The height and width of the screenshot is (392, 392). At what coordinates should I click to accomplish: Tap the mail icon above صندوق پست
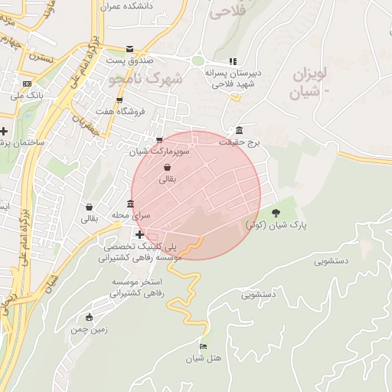[x=129, y=48]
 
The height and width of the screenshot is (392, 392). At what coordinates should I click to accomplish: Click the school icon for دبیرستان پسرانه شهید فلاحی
[x=234, y=62]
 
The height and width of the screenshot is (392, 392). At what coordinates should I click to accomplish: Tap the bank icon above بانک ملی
[x=28, y=84]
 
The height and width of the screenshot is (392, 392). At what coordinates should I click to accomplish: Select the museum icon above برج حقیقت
[x=240, y=129]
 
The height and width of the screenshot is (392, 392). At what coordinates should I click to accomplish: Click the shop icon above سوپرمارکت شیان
[x=159, y=140]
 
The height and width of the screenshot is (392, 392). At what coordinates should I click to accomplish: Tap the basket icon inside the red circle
[x=167, y=167]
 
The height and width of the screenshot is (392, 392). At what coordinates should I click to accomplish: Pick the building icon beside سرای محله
[x=131, y=204]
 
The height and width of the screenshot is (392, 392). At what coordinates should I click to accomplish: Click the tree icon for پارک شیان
[x=276, y=213]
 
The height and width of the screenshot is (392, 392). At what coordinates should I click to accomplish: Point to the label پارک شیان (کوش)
[x=276, y=227]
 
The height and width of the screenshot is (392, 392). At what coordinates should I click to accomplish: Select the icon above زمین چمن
[x=90, y=317]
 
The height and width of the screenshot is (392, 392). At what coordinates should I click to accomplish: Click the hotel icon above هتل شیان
[x=203, y=345]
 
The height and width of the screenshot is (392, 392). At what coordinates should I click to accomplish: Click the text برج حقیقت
[x=240, y=142]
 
